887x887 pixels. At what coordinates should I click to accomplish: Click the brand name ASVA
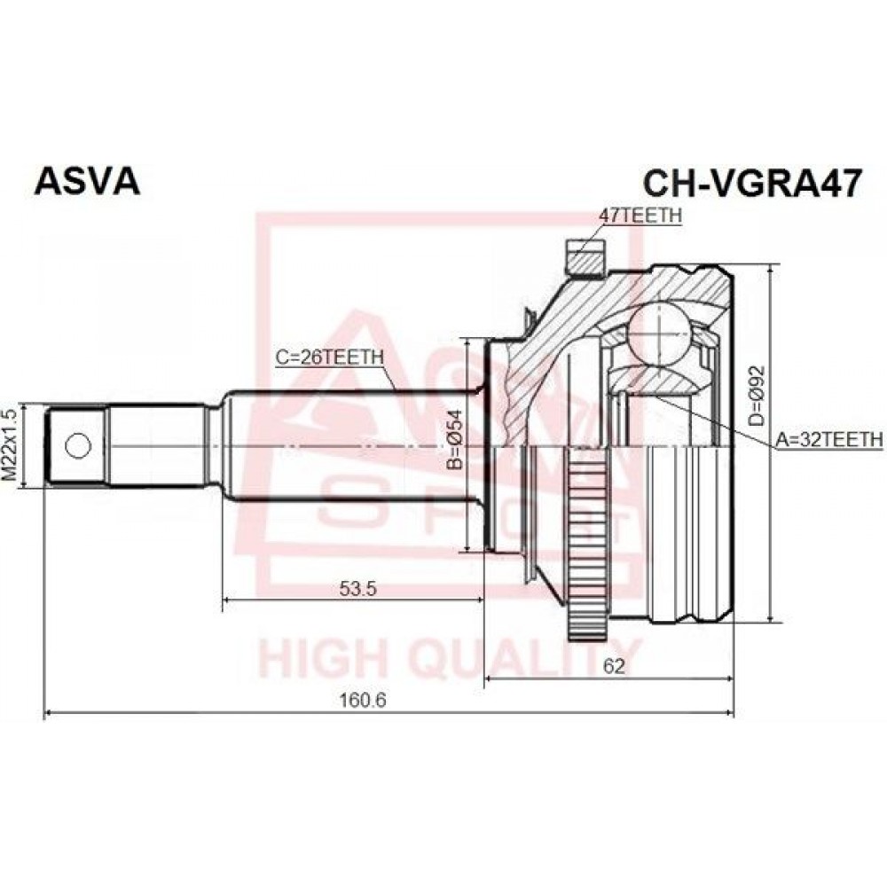[x=87, y=182]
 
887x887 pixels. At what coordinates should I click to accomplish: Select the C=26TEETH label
[x=329, y=357]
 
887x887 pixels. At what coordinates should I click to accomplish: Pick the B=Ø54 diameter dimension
[x=455, y=440]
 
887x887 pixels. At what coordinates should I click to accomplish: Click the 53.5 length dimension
[x=357, y=590]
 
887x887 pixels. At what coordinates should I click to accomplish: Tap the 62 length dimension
[x=614, y=667]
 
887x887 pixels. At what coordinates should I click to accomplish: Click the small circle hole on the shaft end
[x=78, y=446]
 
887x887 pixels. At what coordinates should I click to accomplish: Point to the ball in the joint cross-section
[x=660, y=334]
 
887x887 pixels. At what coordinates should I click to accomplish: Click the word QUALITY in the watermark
[x=526, y=658]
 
